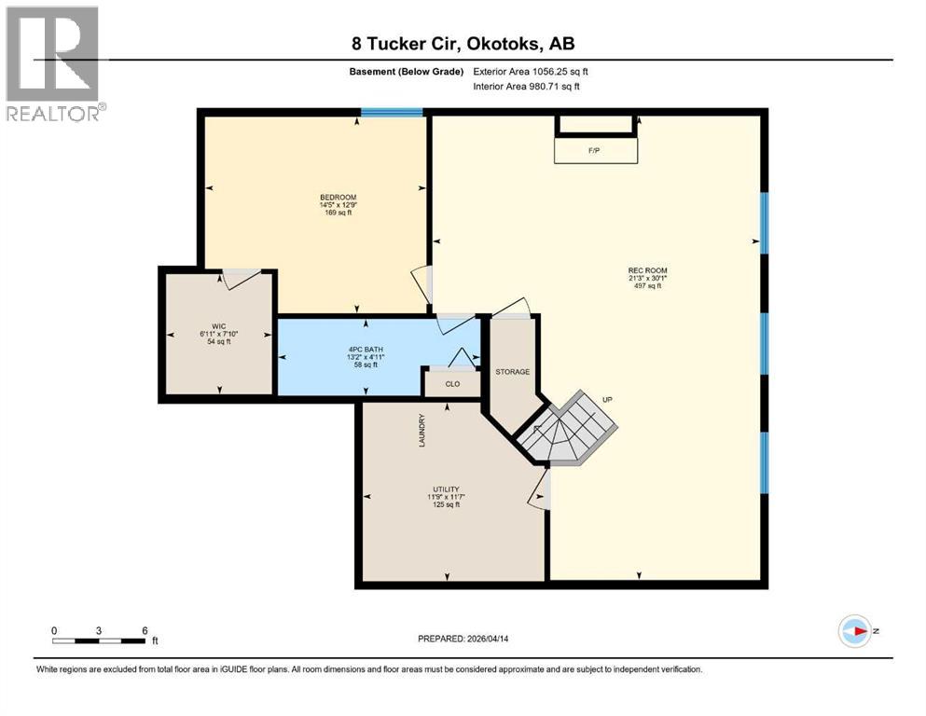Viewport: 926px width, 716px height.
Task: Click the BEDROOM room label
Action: [338, 197]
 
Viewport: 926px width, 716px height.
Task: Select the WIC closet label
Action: [218, 326]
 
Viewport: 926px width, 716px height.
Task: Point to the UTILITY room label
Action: [446, 489]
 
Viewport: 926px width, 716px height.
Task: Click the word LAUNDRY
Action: [422, 430]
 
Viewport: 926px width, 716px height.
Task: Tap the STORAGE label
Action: [512, 372]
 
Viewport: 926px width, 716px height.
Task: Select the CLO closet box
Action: [452, 383]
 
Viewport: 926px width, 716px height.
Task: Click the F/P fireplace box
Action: [596, 149]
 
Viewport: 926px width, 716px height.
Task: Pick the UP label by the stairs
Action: [607, 399]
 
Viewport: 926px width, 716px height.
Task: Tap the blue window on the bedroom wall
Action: [392, 113]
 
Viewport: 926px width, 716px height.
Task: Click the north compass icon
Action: [854, 631]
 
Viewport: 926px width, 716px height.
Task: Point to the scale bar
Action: [99, 640]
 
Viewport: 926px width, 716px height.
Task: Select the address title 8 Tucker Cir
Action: [463, 44]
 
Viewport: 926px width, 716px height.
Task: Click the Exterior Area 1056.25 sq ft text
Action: [531, 71]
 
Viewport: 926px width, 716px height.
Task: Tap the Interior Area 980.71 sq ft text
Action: [527, 87]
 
